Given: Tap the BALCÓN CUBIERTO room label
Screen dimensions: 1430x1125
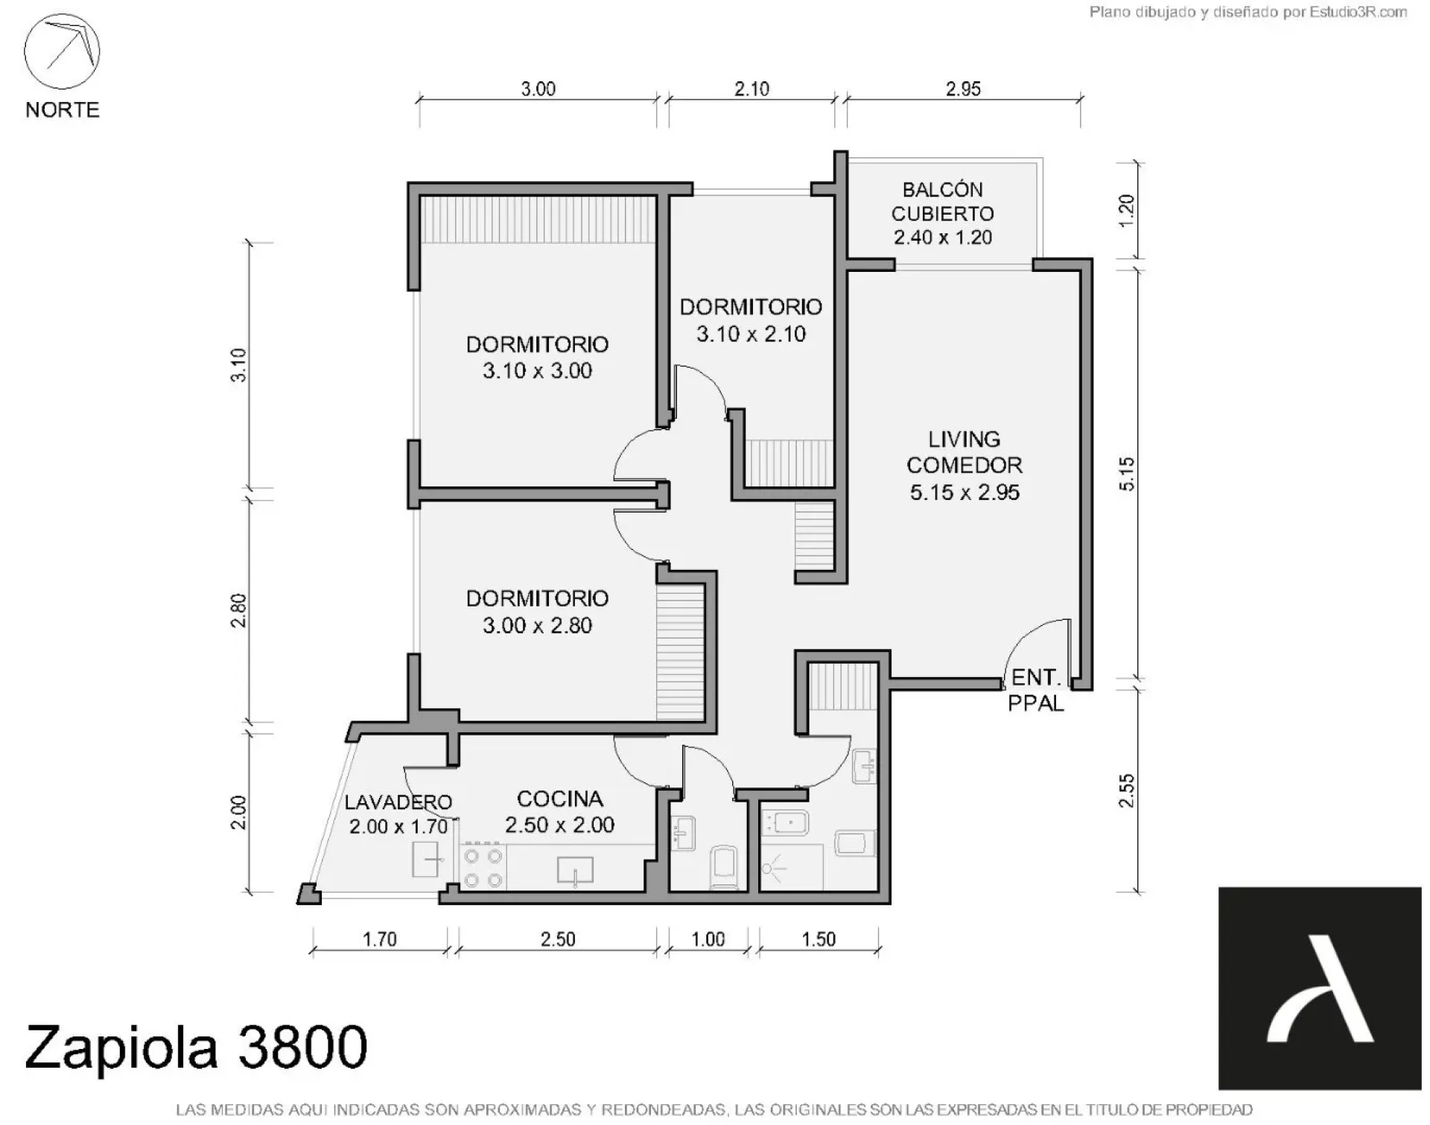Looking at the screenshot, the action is click(x=943, y=201).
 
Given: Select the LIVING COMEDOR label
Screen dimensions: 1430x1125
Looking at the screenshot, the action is click(x=965, y=452).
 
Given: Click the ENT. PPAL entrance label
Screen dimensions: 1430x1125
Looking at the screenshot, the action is click(x=1035, y=690).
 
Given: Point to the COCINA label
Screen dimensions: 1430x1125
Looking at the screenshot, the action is click(x=559, y=799).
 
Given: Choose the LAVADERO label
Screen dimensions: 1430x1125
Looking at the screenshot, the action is click(x=398, y=802).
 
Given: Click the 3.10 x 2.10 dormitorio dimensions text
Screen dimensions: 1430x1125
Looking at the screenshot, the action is click(x=751, y=334).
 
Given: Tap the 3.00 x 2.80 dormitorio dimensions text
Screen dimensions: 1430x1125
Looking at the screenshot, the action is click(x=537, y=625).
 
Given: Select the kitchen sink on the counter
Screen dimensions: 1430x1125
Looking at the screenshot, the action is click(x=576, y=871).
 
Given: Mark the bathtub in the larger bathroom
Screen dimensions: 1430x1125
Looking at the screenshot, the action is click(x=785, y=823).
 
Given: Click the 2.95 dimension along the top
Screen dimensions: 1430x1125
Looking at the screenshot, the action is click(x=963, y=89).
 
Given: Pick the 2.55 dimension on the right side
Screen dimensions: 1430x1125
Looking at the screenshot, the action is click(x=1126, y=790).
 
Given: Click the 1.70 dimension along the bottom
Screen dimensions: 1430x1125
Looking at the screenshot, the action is click(x=379, y=939).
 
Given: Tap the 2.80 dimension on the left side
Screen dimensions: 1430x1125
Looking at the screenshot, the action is click(x=238, y=610).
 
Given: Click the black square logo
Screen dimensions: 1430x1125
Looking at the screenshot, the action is click(x=1320, y=988).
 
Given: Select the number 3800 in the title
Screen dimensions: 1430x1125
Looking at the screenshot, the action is click(x=302, y=1047).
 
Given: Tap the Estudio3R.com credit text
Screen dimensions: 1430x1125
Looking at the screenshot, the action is click(x=1358, y=12).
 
